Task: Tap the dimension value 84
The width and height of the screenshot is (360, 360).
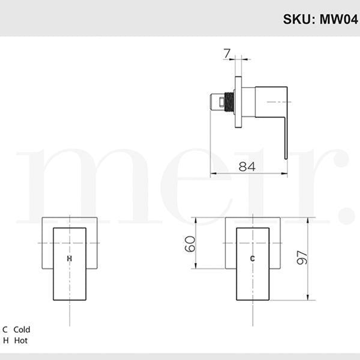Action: pos(247,166)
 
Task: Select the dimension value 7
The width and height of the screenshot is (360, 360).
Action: pos(227,53)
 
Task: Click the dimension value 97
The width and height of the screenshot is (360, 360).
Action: pos(302,257)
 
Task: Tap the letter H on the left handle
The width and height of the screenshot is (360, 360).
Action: pos(69,258)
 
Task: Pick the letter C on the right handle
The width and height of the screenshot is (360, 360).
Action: pos(252,258)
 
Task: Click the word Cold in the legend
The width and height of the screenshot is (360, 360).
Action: pos(22,330)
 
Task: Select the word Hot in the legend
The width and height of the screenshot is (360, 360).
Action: pos(21,341)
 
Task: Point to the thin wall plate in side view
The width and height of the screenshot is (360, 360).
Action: pos(238,102)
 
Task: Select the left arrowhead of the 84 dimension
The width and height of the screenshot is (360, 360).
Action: pos(212,173)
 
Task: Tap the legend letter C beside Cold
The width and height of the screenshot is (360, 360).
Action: pos(5,330)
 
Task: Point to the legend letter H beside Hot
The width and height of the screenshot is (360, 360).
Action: pos(5,341)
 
